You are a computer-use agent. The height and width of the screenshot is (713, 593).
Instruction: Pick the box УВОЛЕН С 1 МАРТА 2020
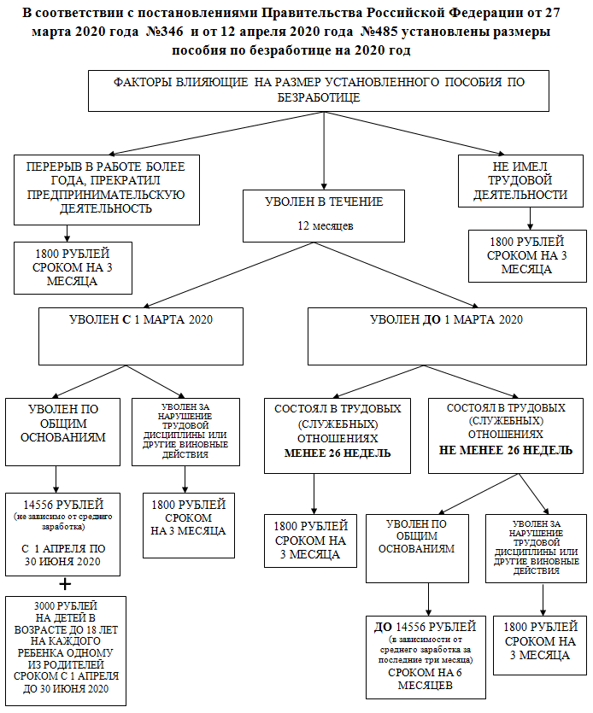[x=141, y=335]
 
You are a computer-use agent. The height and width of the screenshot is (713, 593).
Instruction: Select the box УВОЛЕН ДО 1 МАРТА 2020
[x=446, y=335]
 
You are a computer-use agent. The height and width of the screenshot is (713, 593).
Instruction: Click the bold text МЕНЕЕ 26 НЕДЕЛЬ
[x=326, y=453]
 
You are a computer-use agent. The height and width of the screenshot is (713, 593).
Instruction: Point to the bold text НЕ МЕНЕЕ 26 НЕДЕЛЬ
[x=495, y=447]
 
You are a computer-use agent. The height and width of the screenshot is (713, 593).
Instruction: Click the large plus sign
[x=62, y=584]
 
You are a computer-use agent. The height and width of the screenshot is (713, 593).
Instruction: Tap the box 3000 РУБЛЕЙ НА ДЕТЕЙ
[x=65, y=651]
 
